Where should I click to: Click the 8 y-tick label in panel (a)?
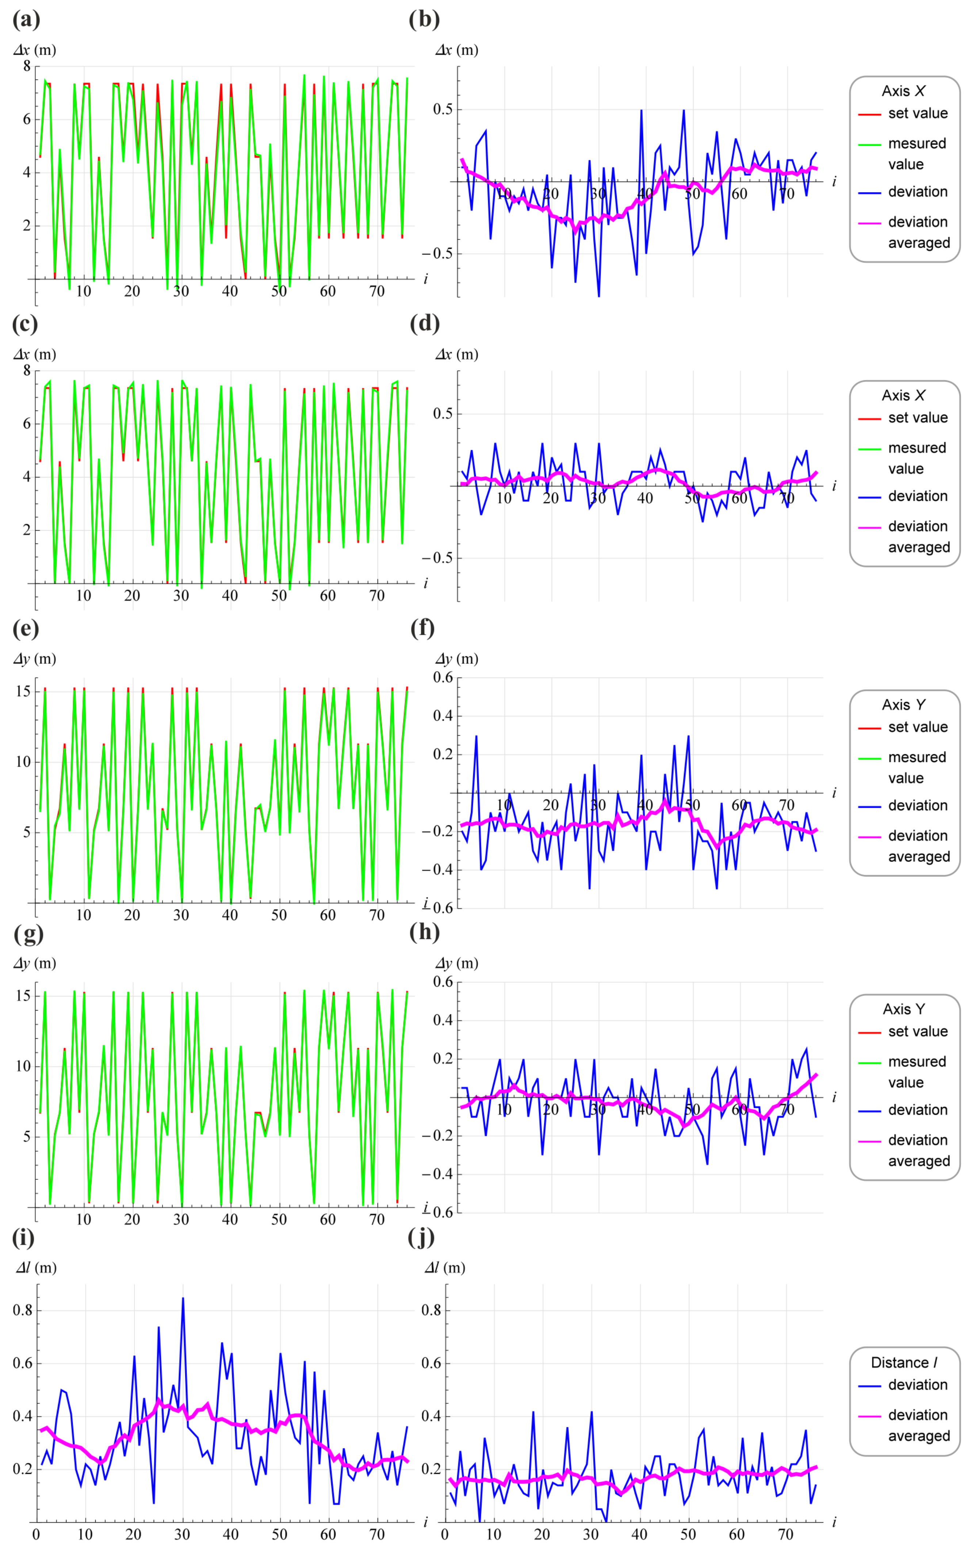27,66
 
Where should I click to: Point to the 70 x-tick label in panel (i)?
377,1534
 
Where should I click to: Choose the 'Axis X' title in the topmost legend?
904,91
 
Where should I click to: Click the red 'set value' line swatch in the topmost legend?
869,114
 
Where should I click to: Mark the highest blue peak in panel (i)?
183,1298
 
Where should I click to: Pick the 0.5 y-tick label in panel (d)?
442,413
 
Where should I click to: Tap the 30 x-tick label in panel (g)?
181,1220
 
